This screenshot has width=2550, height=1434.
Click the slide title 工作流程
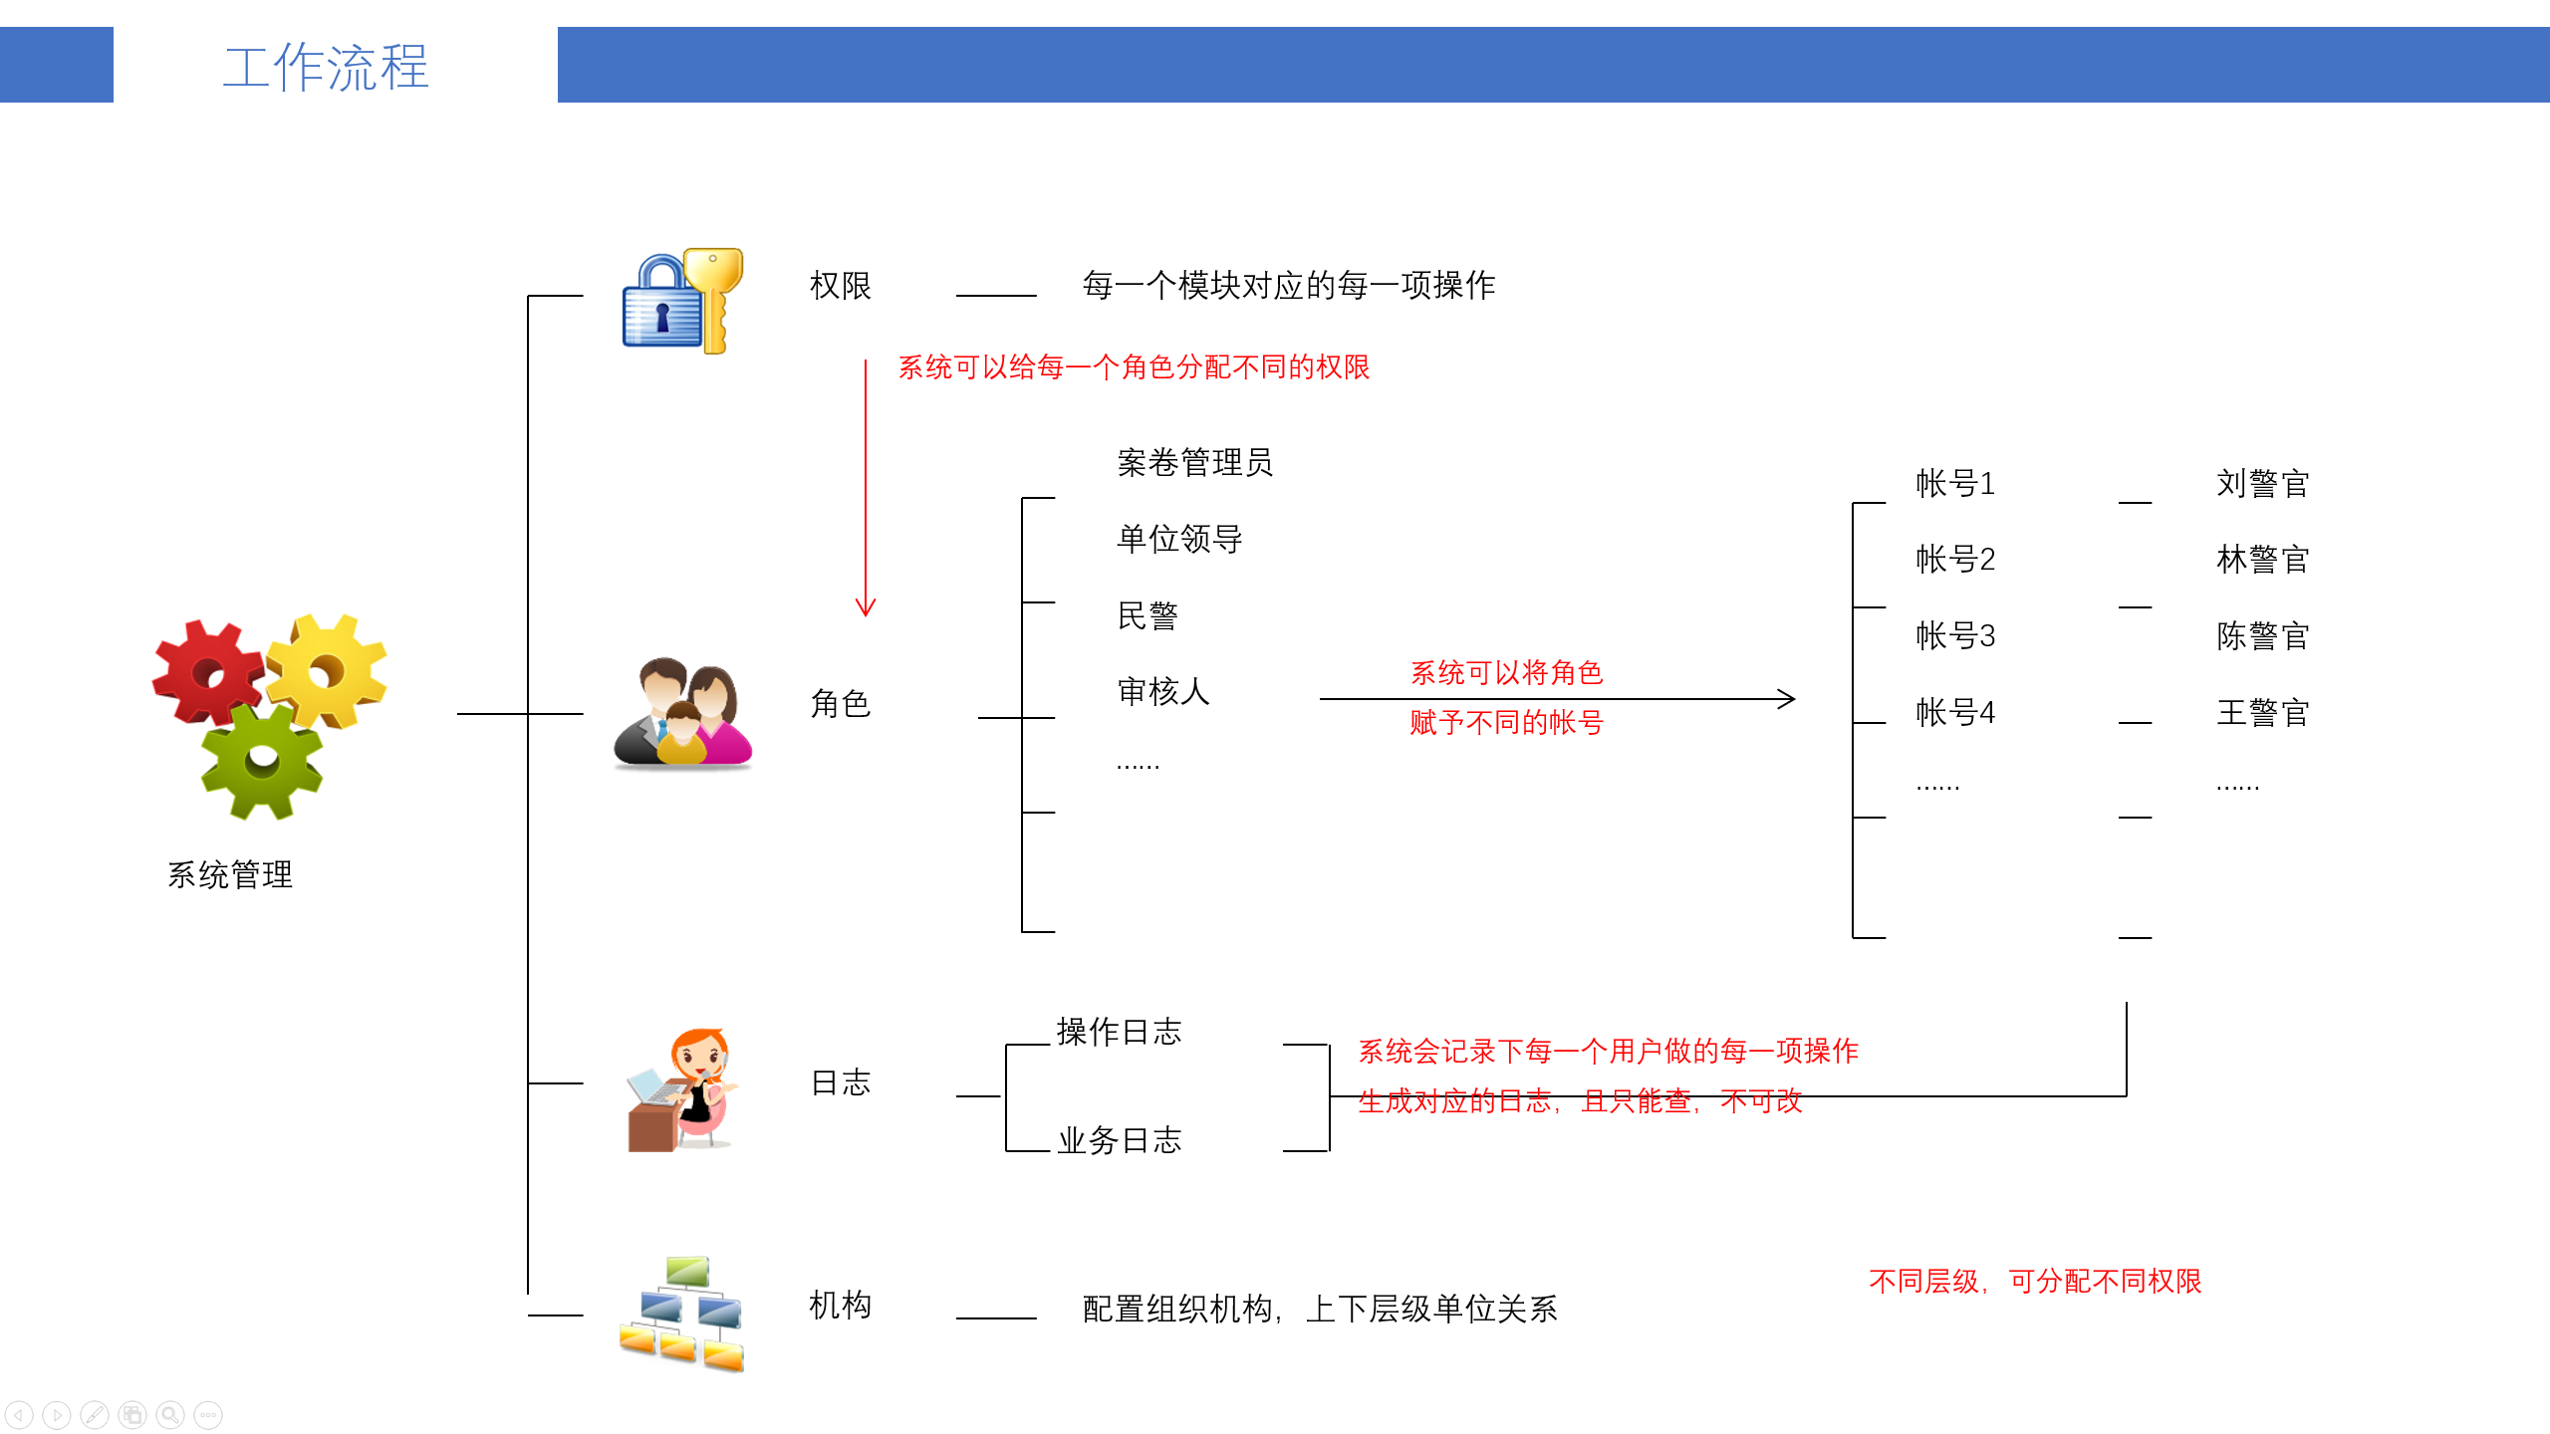(326, 67)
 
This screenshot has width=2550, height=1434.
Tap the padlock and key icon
(682, 301)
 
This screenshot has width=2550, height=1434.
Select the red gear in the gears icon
(208, 673)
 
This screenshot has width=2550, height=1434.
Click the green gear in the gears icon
(262, 761)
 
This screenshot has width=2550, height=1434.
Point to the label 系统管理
(230, 874)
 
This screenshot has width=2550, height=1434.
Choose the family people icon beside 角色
(682, 713)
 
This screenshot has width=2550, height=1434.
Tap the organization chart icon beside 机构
(682, 1314)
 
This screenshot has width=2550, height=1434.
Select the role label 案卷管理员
(1194, 462)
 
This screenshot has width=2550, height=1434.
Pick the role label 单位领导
(1179, 539)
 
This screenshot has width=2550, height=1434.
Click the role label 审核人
(1163, 691)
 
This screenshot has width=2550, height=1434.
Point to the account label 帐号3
(1955, 635)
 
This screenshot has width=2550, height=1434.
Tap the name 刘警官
(2262, 484)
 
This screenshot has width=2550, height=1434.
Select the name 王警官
(2262, 713)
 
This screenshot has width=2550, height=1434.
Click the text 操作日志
(1119, 1032)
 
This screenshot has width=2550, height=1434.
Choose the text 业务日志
(1119, 1140)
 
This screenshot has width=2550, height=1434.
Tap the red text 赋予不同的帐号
(1506, 722)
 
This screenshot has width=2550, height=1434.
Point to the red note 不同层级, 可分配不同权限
(2035, 1281)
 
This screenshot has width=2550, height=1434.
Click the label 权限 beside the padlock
(841, 286)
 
